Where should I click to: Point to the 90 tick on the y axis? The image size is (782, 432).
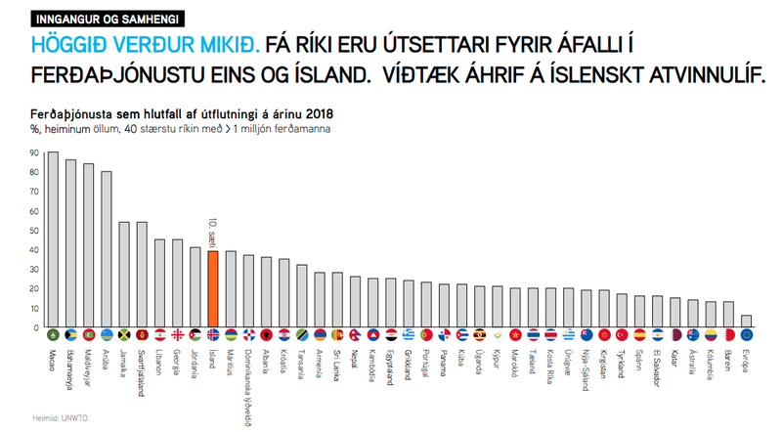click(36, 153)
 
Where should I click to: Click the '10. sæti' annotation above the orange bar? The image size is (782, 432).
click(213, 233)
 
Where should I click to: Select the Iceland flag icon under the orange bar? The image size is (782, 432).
click(213, 335)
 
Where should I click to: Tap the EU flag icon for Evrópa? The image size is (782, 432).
click(747, 335)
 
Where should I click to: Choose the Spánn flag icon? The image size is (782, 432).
click(640, 335)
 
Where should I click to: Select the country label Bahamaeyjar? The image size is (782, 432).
click(71, 365)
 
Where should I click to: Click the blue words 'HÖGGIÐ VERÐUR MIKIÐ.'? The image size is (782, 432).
click(141, 44)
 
